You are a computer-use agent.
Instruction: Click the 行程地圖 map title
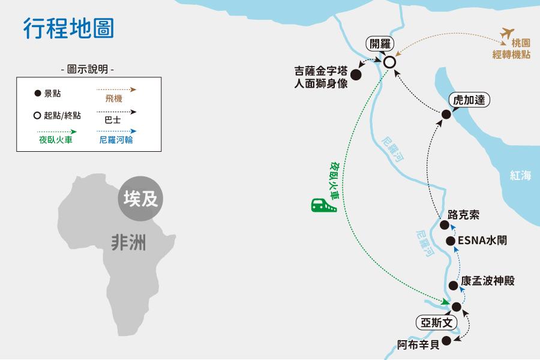(68, 28)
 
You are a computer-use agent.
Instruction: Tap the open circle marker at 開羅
(389, 62)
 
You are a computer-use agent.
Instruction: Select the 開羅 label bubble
(380, 44)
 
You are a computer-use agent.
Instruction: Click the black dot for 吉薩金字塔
(356, 74)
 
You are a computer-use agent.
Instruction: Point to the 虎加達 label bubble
(469, 100)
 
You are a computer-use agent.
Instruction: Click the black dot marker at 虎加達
(446, 115)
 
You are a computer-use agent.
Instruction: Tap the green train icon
(323, 205)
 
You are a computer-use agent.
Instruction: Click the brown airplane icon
(507, 34)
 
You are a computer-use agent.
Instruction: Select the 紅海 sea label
(520, 175)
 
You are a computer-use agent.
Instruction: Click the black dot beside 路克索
(445, 226)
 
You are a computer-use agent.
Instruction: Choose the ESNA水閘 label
(482, 240)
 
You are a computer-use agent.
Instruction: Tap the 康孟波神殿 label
(488, 281)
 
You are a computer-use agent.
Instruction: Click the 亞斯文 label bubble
(436, 323)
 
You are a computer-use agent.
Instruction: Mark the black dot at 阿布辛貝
(446, 341)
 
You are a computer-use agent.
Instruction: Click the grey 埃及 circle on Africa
(140, 199)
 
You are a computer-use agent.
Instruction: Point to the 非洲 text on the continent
(128, 242)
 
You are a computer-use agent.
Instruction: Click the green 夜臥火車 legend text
(55, 140)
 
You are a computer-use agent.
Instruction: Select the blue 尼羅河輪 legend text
(116, 140)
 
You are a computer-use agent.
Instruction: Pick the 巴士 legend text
(113, 120)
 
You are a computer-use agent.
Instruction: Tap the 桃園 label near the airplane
(521, 43)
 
